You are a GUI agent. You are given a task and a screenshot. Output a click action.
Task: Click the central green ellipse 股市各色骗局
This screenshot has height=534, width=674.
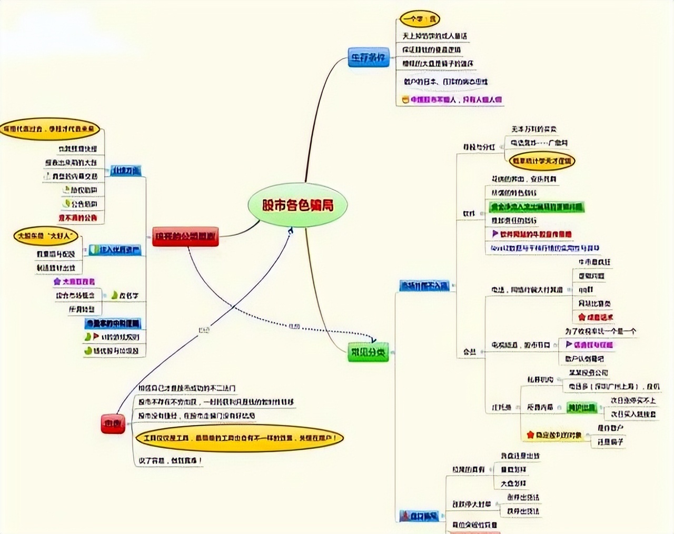(298, 205)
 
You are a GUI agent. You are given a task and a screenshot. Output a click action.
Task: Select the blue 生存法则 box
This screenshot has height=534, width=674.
(368, 57)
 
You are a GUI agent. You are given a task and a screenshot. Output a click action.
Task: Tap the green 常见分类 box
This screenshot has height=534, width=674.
(368, 352)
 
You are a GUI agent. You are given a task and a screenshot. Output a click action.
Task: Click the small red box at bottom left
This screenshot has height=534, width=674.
(113, 423)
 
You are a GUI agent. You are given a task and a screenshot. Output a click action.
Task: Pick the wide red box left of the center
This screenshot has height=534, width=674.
(185, 237)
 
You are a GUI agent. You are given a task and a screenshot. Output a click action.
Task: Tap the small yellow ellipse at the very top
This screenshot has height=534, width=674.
(420, 19)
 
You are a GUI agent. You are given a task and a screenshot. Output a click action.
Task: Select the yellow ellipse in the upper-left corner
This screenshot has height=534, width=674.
(49, 128)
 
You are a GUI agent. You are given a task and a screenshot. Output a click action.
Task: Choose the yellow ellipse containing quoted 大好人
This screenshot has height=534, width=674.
(46, 236)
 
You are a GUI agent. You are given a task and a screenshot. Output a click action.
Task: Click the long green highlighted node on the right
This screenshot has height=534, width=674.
(537, 207)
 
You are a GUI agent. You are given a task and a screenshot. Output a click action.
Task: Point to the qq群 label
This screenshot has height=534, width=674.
(586, 290)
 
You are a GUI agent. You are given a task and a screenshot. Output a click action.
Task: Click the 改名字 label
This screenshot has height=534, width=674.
(128, 296)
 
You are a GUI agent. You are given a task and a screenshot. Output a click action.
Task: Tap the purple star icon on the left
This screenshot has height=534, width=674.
(57, 282)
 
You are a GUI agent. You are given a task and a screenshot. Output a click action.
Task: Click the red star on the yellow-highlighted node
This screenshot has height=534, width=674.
(530, 435)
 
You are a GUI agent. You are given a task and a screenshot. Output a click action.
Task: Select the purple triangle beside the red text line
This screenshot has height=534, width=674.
(495, 233)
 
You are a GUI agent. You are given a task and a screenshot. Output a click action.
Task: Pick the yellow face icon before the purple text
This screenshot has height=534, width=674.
(405, 99)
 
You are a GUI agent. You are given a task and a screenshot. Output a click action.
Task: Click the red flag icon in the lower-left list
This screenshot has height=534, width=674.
(96, 337)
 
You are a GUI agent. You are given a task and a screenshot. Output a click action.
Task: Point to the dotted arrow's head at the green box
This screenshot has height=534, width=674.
(375, 341)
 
